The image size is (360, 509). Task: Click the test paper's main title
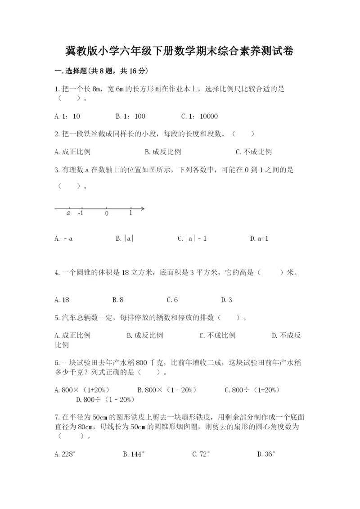(x=180, y=51)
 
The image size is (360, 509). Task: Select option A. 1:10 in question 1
(x=67, y=117)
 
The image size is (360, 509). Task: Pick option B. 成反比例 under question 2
(x=163, y=152)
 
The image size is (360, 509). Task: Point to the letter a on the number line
(x=68, y=213)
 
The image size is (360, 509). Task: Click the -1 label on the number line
(x=80, y=213)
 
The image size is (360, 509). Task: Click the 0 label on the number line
(x=107, y=213)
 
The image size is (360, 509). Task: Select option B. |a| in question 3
(x=125, y=239)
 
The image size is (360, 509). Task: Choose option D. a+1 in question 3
(x=259, y=239)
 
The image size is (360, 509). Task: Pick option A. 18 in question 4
(x=62, y=300)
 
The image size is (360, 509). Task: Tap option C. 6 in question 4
(x=172, y=300)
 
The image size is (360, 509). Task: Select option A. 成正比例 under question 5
(x=72, y=335)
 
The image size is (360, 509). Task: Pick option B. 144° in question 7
(x=134, y=455)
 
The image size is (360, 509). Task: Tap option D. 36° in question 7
(x=266, y=455)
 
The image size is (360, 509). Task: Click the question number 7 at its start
(x=56, y=418)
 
